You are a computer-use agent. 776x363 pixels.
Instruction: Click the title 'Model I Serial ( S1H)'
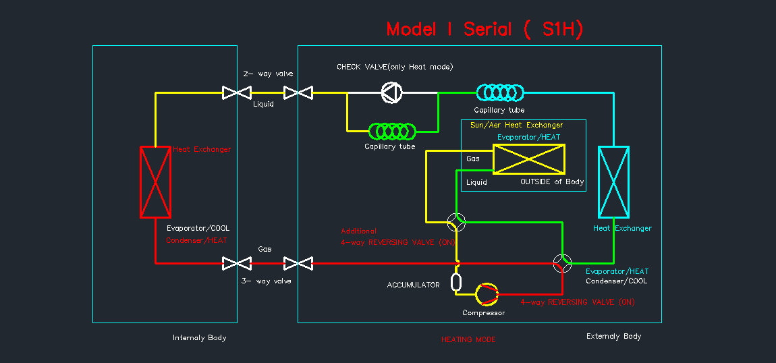(x=484, y=29)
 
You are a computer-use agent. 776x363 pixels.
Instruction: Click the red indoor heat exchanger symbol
(x=155, y=181)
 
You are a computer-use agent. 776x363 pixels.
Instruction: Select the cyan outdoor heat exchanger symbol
(x=613, y=181)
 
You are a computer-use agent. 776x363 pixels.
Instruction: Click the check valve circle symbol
(x=391, y=92)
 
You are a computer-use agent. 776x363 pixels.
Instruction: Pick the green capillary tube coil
(x=391, y=130)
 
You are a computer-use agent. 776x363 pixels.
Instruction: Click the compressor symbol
(x=486, y=294)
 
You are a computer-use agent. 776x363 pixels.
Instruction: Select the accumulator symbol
(x=456, y=281)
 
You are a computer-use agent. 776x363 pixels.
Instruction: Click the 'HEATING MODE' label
(x=468, y=339)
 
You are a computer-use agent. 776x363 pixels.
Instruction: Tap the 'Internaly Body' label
(x=200, y=337)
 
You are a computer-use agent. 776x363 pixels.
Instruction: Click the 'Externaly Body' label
(x=613, y=336)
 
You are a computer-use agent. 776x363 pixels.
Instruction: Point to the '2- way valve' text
(x=269, y=74)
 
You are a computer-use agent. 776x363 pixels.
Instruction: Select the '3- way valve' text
(x=267, y=281)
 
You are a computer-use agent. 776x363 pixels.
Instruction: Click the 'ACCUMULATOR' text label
(x=413, y=285)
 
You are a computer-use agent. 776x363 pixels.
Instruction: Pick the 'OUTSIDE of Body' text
(x=552, y=182)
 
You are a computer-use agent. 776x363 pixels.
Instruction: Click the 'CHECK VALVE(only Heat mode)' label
(x=395, y=67)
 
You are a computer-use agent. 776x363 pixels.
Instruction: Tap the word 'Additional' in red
(x=358, y=231)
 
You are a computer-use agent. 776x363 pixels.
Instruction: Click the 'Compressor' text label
(x=483, y=312)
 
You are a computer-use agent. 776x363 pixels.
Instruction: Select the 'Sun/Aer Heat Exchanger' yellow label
(x=516, y=125)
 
